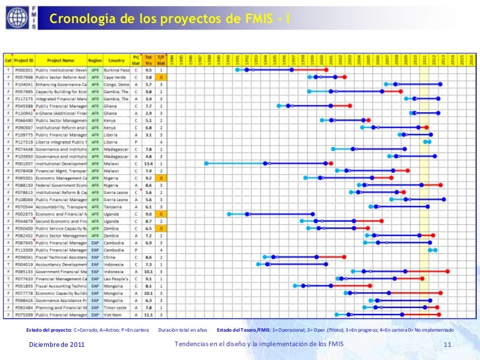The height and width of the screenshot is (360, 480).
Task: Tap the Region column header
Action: pyautogui.click(x=95, y=60)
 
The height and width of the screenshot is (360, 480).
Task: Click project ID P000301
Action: pyautogui.click(x=24, y=70)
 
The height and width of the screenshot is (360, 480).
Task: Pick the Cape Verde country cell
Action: pyautogui.click(x=116, y=78)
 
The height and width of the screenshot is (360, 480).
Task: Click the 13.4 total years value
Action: pyautogui.click(x=148, y=163)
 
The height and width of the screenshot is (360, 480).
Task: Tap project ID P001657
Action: pyautogui.click(x=24, y=163)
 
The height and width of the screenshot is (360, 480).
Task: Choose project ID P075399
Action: pyautogui.click(x=24, y=315)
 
